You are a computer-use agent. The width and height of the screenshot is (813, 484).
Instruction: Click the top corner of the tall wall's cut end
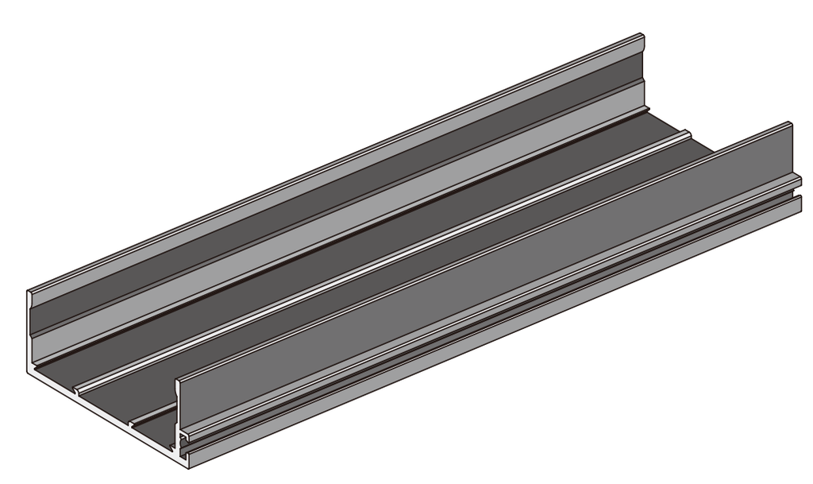point(29,292)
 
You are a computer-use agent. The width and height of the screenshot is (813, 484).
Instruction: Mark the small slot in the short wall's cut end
point(184,436)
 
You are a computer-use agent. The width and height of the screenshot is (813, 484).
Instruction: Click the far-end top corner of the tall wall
point(642,35)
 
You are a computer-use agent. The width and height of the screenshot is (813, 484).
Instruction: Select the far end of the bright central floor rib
point(688,132)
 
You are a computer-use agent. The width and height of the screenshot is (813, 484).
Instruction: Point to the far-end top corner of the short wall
point(790,122)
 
